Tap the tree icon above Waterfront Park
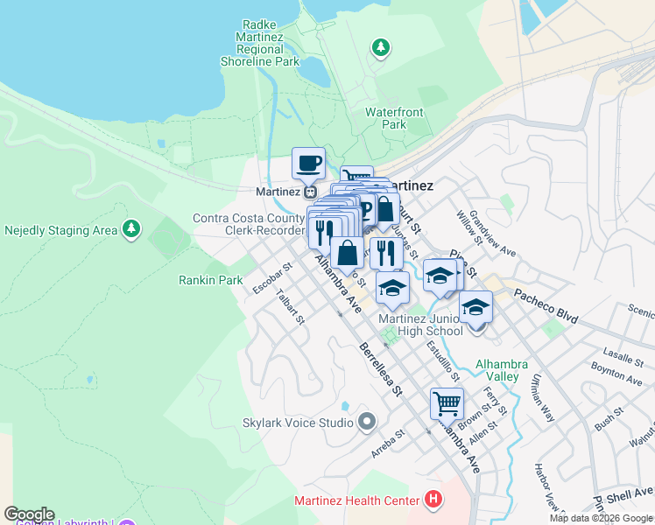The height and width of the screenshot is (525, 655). click(381, 48)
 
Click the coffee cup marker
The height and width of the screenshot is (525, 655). click(308, 163)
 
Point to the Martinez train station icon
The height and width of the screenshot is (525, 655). click(311, 192)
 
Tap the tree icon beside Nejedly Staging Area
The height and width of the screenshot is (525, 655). click(131, 230)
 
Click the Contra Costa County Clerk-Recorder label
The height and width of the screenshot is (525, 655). click(248, 224)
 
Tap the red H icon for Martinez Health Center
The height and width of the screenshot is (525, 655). click(432, 500)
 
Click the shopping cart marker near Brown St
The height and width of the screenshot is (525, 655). click(447, 404)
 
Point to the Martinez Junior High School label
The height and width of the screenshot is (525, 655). click(420, 325)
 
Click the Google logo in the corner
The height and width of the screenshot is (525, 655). click(29, 514)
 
